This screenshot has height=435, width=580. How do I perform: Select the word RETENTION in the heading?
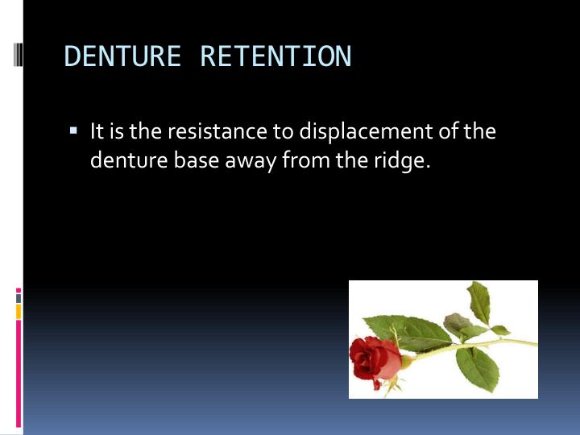tap(275, 57)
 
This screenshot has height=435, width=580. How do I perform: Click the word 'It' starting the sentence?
tap(97, 131)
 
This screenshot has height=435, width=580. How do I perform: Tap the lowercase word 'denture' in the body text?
tap(127, 160)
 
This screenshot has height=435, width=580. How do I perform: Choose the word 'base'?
tap(191, 160)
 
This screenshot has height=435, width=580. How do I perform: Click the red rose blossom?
tap(374, 359)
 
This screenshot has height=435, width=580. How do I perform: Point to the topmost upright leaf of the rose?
tap(480, 301)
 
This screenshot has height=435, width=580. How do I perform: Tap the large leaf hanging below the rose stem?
tap(477, 368)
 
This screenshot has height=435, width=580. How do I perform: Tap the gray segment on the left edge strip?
tap(19, 297)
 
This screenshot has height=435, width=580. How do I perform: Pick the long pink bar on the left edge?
tap(19, 371)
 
